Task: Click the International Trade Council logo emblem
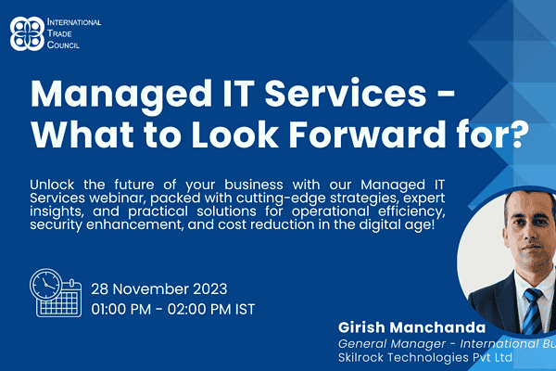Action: tap(27, 33)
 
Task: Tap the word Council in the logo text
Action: tap(63, 45)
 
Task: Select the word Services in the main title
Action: tap(346, 93)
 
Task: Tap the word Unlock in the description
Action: tap(52, 185)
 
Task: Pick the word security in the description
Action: tap(56, 225)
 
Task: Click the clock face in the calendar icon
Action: tap(45, 285)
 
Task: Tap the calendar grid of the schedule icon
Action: tap(58, 304)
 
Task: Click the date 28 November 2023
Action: tap(159, 289)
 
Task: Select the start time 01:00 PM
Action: tap(120, 309)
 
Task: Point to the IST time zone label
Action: tap(245, 309)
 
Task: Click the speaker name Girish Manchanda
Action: tap(411, 327)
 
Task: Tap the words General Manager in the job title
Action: tap(392, 344)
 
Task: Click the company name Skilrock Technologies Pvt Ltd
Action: tap(425, 357)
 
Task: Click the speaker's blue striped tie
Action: tap(533, 311)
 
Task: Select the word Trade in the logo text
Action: tap(59, 33)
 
